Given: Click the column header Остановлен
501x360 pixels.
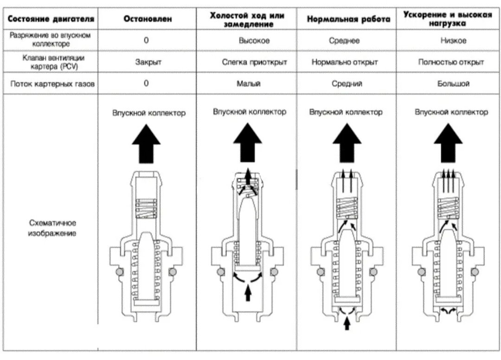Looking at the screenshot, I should point(148,19).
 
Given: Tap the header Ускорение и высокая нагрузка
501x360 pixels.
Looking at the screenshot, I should point(447,19).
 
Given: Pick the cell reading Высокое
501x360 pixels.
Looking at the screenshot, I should point(254,41).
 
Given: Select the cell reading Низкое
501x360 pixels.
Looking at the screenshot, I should point(453,41).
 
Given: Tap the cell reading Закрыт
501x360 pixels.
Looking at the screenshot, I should point(148,62).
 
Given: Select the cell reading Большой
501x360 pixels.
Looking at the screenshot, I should point(453,84).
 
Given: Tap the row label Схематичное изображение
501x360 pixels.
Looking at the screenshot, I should point(51,228).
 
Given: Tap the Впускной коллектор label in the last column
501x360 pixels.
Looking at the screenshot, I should point(451,112).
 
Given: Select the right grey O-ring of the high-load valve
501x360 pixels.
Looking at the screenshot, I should point(474,272).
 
